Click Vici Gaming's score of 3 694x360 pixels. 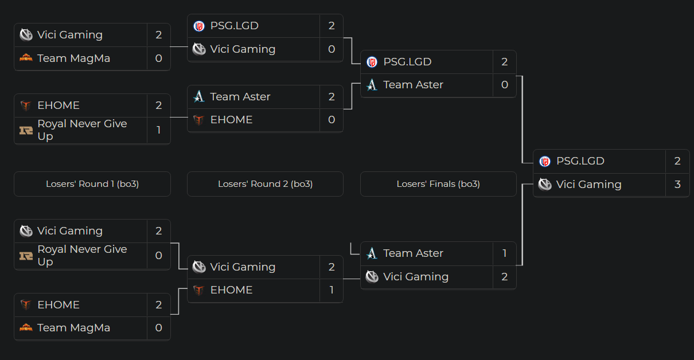(x=677, y=185)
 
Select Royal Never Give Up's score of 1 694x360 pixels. (x=159, y=130)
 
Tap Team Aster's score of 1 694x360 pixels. (x=504, y=253)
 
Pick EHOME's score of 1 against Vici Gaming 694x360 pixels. (x=332, y=290)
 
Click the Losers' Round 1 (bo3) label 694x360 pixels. (x=92, y=184)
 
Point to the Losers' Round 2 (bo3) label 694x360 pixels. (x=265, y=184)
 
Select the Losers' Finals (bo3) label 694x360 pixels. (x=438, y=184)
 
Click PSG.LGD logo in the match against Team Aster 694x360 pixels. (x=372, y=62)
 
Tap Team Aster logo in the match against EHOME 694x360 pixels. (x=199, y=97)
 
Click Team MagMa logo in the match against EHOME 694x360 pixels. (x=26, y=328)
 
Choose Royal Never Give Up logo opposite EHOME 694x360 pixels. (x=26, y=130)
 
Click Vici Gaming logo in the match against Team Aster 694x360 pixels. (x=372, y=277)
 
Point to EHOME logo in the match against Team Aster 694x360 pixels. (x=199, y=120)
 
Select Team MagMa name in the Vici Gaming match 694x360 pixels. (x=73, y=58)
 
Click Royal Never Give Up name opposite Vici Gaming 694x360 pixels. (x=82, y=255)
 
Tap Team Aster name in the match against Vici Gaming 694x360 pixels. (x=413, y=253)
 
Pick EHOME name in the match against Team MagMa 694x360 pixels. (x=59, y=305)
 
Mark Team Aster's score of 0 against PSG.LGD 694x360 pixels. (x=504, y=85)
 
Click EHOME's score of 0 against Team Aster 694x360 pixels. (x=332, y=120)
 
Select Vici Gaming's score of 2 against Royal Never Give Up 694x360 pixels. (x=159, y=231)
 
